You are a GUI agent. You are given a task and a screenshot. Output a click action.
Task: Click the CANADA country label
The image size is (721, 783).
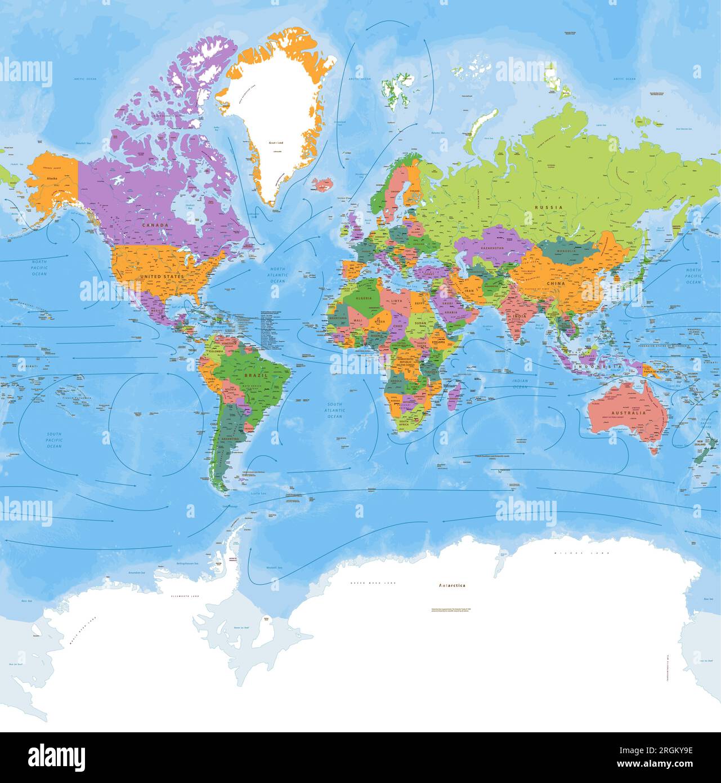coord(155,225)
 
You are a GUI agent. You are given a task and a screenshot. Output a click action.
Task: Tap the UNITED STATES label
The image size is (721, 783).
coord(162,277)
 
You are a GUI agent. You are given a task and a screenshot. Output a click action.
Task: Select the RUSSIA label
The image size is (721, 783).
coord(548,207)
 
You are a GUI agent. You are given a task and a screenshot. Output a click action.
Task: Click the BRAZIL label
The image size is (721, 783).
coord(252,374)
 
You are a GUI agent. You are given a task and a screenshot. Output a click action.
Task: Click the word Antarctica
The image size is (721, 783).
coord(452,585)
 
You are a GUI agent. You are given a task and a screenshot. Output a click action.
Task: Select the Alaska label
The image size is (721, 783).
coord(52,179)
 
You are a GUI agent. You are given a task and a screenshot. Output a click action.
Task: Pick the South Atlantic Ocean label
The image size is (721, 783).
coord(335,410)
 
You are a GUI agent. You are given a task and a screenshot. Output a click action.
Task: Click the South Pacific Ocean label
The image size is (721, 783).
coord(54,440)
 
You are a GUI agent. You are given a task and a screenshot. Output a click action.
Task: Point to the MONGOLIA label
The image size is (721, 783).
coord(566,251)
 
